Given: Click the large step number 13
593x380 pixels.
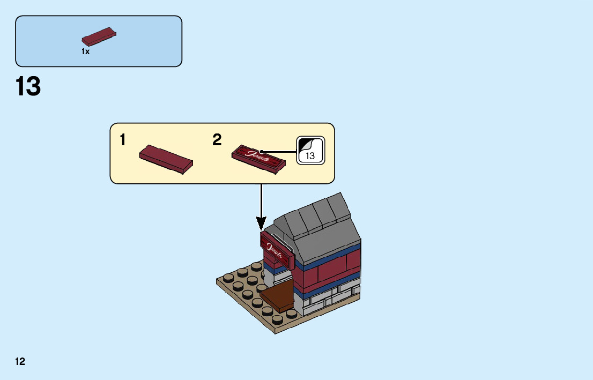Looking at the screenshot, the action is click(x=28, y=87).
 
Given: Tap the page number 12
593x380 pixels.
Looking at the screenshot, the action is click(x=20, y=361).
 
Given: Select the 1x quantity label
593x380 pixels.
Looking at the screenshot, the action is click(x=85, y=52).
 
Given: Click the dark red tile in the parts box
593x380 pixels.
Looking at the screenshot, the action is click(x=99, y=36).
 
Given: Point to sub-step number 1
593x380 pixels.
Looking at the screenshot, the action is click(x=123, y=140).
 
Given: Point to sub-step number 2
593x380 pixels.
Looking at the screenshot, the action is click(x=217, y=140).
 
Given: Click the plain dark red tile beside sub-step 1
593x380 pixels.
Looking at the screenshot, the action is click(x=166, y=159).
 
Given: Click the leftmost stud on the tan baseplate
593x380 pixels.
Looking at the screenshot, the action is click(x=228, y=278).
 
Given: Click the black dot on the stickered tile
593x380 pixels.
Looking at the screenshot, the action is click(x=261, y=151).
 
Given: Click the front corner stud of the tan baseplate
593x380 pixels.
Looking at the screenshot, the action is click(x=277, y=319).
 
